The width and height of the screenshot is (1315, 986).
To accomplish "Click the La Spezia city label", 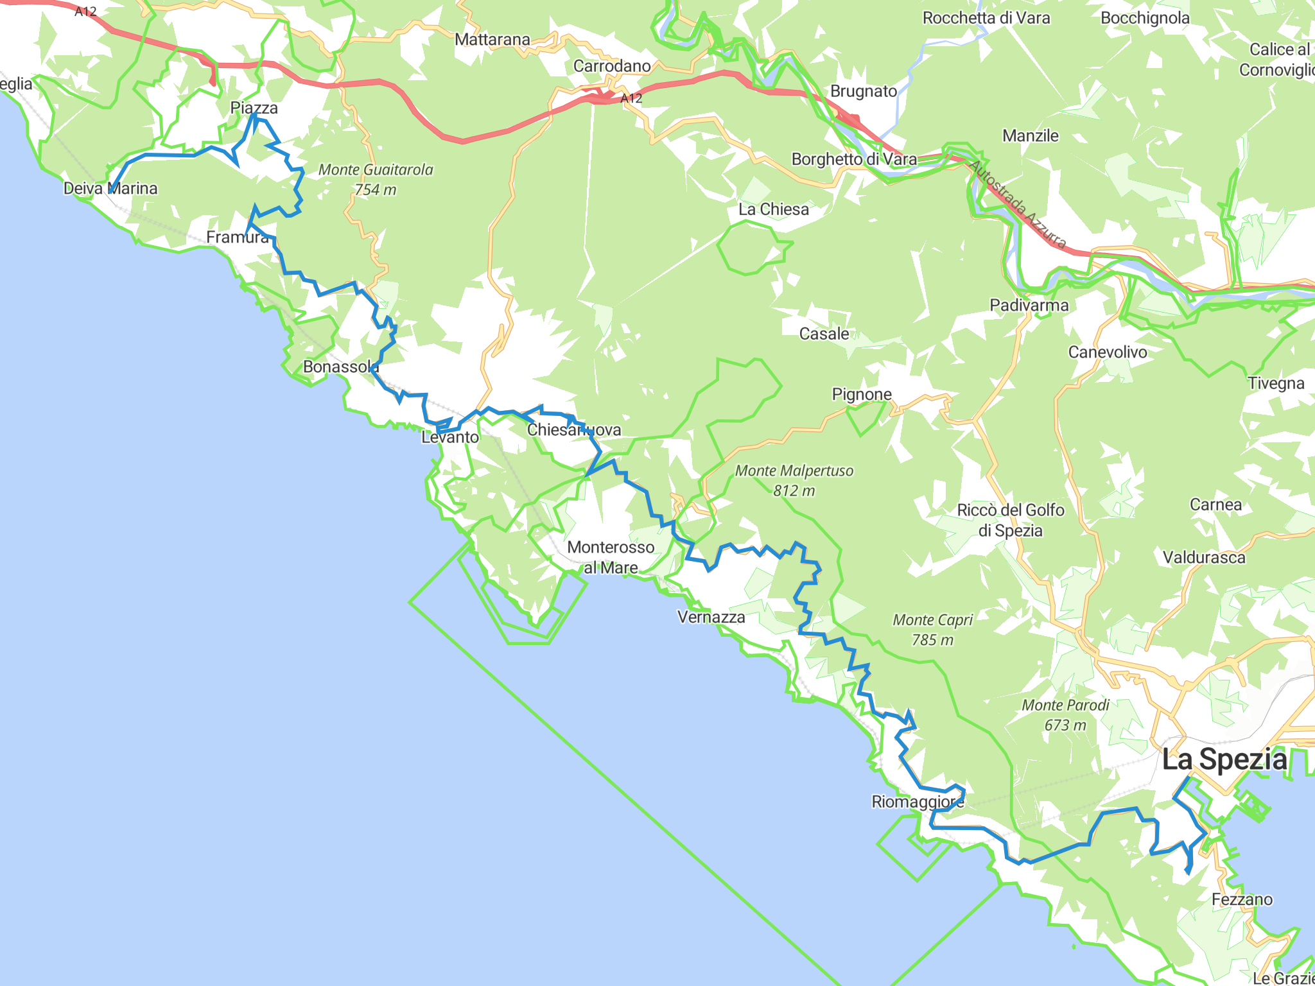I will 1224,759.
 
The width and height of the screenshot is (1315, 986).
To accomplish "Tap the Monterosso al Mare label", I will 611,557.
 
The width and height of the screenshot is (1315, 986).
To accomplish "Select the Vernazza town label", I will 711,617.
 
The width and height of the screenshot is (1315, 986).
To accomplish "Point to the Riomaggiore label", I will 918,802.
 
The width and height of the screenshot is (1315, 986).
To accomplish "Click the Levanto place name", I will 450,437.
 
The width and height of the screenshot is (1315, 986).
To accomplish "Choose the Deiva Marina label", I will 110,188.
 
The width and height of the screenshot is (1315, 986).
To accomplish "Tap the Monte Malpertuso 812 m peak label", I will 794,480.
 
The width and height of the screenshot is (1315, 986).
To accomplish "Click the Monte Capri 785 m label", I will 932,629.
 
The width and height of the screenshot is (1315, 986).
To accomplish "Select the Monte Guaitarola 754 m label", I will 376,179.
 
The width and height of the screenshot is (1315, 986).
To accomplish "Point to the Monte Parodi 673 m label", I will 1065,714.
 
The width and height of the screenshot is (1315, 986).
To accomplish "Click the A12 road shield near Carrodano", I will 631,98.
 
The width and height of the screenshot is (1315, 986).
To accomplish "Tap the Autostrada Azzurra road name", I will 1018,204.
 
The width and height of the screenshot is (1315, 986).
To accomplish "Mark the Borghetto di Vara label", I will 854,159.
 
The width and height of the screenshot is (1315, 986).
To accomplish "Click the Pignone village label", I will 862,394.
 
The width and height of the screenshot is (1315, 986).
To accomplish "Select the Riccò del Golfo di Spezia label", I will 1011,520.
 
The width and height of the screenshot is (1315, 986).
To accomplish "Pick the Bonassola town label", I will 341,367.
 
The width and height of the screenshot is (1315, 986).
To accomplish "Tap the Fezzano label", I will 1242,899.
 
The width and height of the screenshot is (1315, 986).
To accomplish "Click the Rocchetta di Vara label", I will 986,18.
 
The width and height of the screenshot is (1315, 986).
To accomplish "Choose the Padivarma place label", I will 1029,305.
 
